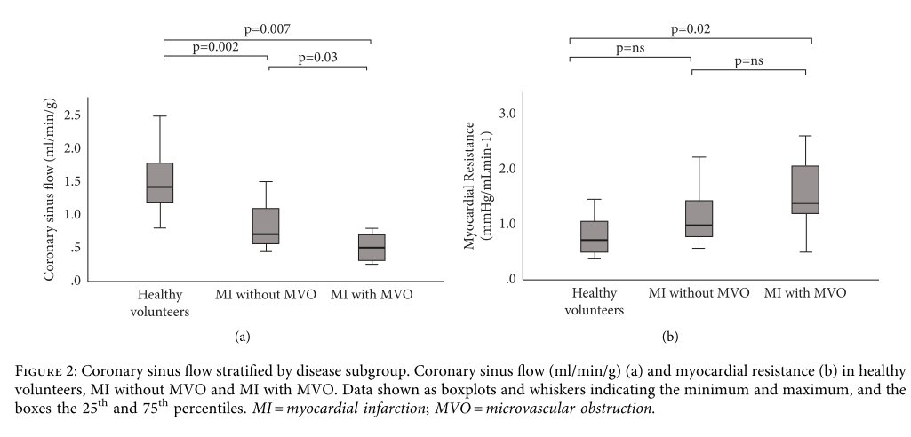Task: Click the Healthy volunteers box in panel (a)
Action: (159, 182)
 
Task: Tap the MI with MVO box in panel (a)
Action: (372, 247)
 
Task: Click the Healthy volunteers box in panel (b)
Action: (594, 236)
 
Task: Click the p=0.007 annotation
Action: (267, 29)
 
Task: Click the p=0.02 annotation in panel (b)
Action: (691, 28)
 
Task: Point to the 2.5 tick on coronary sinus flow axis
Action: (73, 115)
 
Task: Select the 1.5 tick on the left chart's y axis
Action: (73, 181)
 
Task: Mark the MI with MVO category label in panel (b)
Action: (804, 292)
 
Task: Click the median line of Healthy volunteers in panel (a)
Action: (159, 187)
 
